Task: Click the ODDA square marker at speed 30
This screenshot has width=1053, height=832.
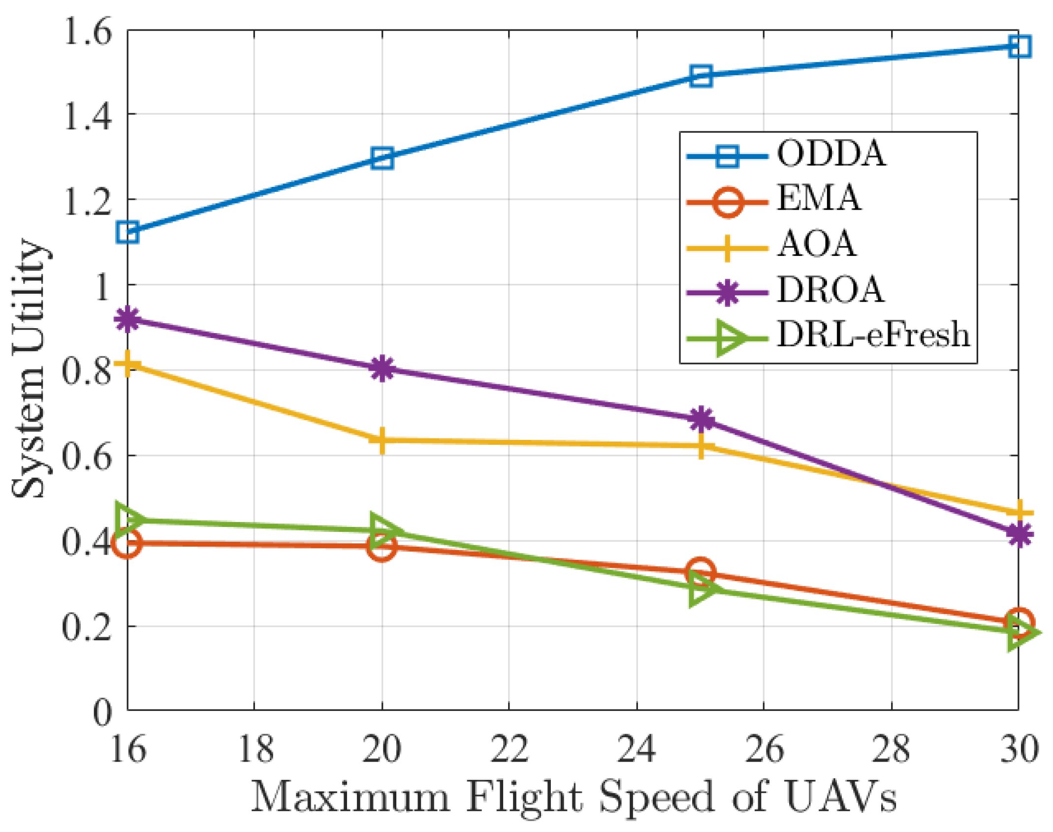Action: [x=1019, y=47]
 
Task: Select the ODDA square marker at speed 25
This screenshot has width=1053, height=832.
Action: [x=701, y=76]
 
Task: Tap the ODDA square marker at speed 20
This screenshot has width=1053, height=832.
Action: [x=382, y=158]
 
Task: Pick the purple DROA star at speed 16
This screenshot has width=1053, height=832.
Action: [x=128, y=319]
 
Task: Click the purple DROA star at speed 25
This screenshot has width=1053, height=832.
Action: [x=701, y=419]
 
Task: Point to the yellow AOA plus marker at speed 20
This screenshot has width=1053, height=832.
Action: [x=382, y=440]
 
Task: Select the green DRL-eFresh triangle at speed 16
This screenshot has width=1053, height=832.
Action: [x=128, y=519]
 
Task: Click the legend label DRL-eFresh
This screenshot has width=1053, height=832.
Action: [x=873, y=335]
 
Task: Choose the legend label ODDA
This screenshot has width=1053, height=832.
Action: [x=831, y=153]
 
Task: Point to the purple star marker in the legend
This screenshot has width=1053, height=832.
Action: [x=727, y=292]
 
